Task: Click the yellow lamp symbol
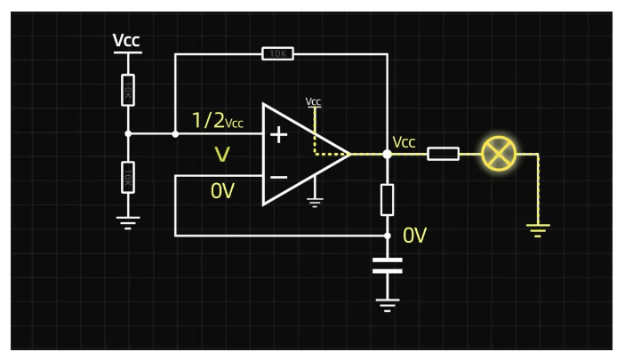(x=499, y=154)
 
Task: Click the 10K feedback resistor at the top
(x=278, y=54)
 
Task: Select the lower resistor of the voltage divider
(x=128, y=177)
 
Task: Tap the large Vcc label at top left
(x=126, y=41)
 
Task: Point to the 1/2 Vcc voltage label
(x=217, y=121)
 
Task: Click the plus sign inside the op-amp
(x=279, y=134)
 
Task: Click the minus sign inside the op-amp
(x=278, y=177)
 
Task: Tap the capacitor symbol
(x=387, y=265)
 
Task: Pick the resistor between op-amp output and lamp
(x=443, y=154)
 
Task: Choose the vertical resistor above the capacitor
(x=387, y=200)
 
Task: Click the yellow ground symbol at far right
(x=538, y=229)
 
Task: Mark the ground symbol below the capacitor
(x=387, y=304)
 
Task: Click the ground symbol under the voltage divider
(x=128, y=221)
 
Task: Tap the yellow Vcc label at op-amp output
(x=405, y=142)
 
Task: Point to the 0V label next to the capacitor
(x=415, y=236)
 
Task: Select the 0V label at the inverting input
(x=222, y=190)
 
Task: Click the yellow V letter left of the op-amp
(x=222, y=156)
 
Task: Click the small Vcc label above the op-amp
(x=313, y=101)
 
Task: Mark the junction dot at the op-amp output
(x=387, y=154)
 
